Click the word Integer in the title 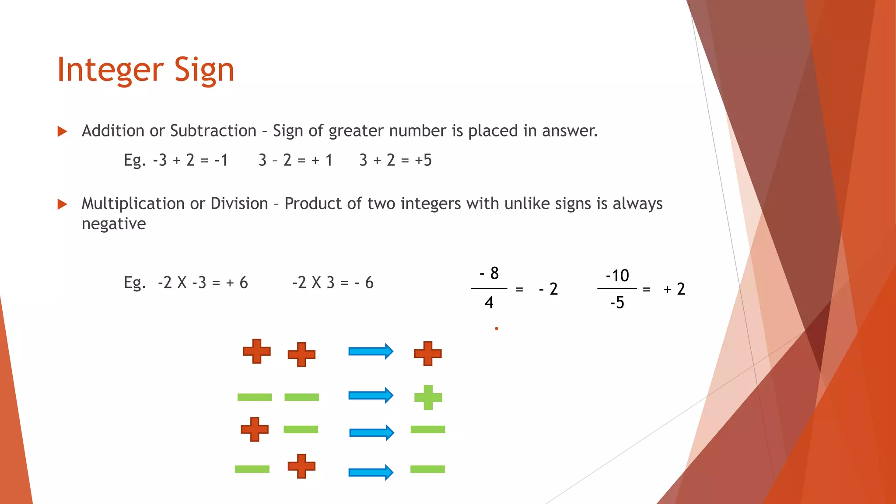[110, 70]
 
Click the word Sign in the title [204, 70]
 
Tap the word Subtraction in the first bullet [213, 131]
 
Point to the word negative [114, 224]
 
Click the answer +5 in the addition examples [423, 160]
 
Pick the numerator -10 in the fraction [617, 276]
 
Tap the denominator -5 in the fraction [617, 302]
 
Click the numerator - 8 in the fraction [489, 273]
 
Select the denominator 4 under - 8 [489, 302]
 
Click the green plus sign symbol [428, 397]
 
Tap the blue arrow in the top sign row [371, 351]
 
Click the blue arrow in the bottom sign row [371, 472]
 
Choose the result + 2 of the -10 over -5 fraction [674, 289]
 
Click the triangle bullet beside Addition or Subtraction [62, 131]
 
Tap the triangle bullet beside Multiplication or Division [62, 204]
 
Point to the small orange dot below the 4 [497, 329]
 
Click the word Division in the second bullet [239, 203]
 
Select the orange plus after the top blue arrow [428, 353]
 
